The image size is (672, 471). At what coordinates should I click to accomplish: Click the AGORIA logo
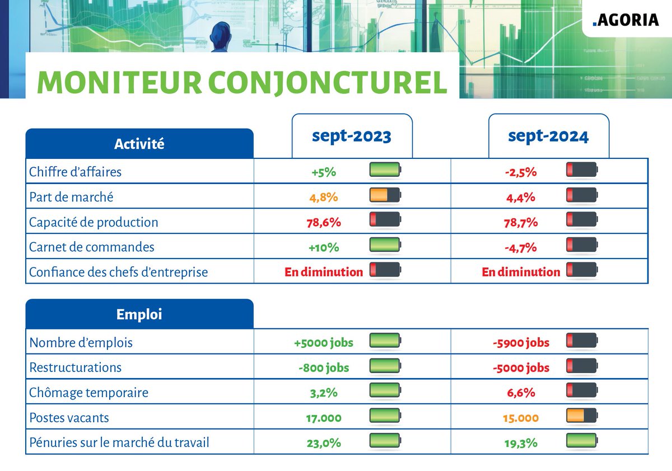[625, 20]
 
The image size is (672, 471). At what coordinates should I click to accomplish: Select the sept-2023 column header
[352, 136]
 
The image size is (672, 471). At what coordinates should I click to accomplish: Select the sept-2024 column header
[548, 136]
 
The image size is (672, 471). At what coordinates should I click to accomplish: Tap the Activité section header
[139, 144]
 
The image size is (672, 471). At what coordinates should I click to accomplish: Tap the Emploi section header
[139, 314]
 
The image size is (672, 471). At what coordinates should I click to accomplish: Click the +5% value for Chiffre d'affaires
[324, 172]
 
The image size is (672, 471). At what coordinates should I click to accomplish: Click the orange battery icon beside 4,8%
[385, 195]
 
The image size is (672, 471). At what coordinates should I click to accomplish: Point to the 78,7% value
[520, 222]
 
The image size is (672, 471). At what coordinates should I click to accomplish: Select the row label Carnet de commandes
[91, 247]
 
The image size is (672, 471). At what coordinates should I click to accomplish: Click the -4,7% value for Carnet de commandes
[520, 247]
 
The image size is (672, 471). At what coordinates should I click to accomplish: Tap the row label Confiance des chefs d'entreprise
[118, 272]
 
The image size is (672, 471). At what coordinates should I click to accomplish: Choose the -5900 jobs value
[520, 342]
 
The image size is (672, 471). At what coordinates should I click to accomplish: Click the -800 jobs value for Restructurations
[324, 368]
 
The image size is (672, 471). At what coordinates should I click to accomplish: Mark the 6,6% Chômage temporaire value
[520, 393]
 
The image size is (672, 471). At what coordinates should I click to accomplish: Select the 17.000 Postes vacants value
[324, 418]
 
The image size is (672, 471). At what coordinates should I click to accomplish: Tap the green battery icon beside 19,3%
[582, 441]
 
